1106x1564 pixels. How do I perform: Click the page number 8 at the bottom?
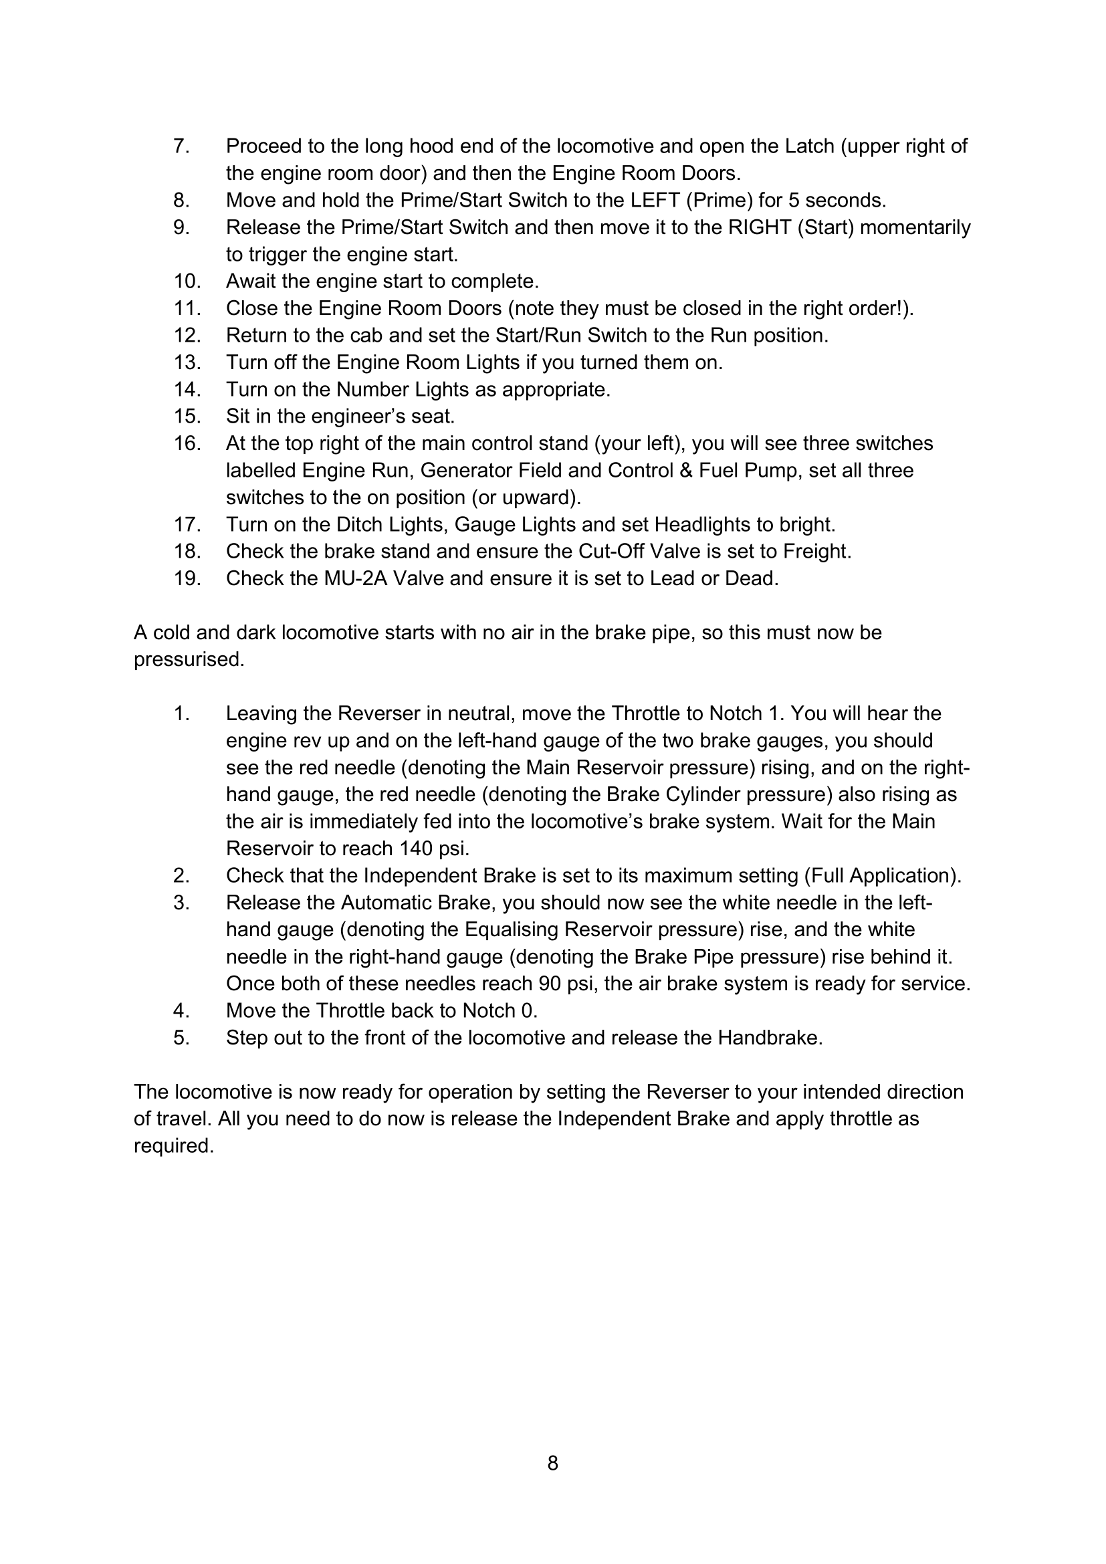[552, 1463]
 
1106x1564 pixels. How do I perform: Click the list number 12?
[187, 335]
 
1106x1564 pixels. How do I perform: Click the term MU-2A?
[356, 578]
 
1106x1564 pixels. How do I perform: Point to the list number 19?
[187, 578]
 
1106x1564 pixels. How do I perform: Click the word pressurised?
[189, 660]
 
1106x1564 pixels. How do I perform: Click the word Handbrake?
[769, 1038]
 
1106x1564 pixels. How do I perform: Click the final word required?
[174, 1146]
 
